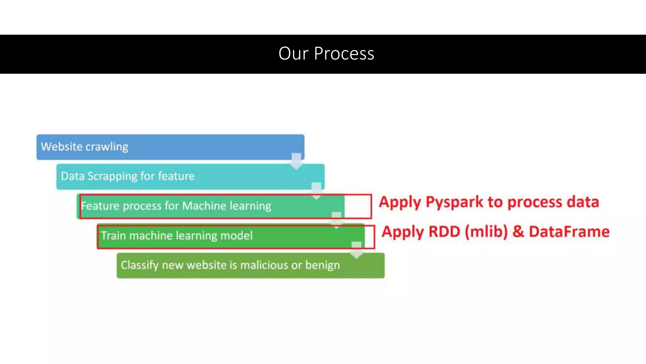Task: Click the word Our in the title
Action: click(293, 53)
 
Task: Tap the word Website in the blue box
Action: click(62, 147)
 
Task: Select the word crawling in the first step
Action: click(107, 147)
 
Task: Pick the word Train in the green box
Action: click(114, 236)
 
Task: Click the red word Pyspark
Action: click(454, 202)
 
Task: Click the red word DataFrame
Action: click(569, 232)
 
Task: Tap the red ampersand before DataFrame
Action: click(518, 232)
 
